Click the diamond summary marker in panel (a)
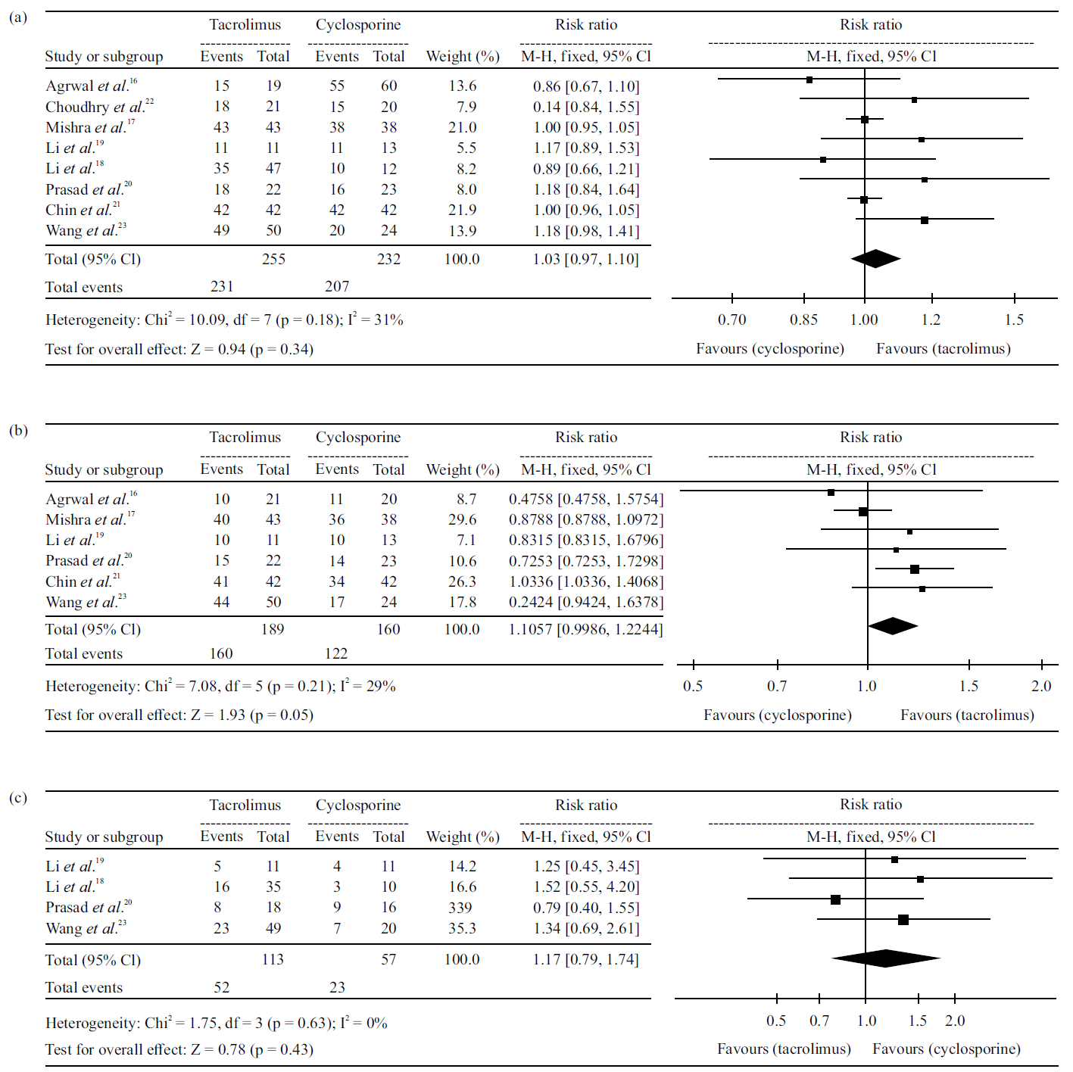pos(875,259)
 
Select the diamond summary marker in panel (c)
pos(885,958)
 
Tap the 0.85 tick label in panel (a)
pos(803,319)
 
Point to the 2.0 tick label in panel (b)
pos(1041,686)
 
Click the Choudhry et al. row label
pos(98,107)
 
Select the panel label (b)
pos(18,430)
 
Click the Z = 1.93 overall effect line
pos(179,715)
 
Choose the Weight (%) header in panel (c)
pos(463,837)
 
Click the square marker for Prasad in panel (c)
pos(835,899)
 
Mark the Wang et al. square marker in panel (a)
pos(925,220)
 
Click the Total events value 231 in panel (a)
pos(222,286)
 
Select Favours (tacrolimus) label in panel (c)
pos(784,1049)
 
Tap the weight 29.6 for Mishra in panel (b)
pos(462,519)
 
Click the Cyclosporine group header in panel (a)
pos(358,24)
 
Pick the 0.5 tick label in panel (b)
pos(693,686)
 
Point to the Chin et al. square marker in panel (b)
pos(915,569)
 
